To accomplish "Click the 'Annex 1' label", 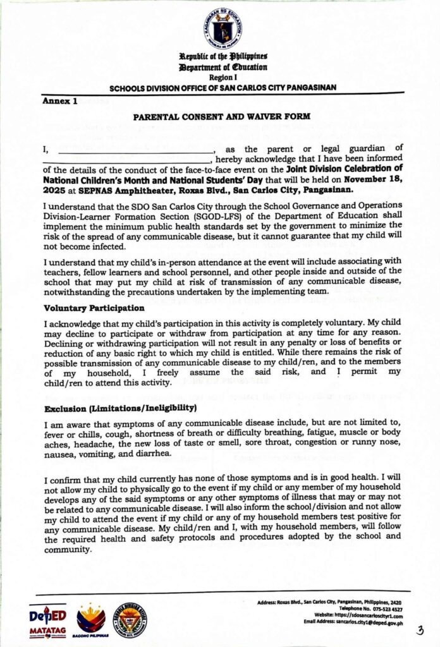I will [59, 101].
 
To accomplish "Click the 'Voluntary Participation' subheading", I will [94, 308].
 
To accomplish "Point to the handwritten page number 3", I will [420, 630].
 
